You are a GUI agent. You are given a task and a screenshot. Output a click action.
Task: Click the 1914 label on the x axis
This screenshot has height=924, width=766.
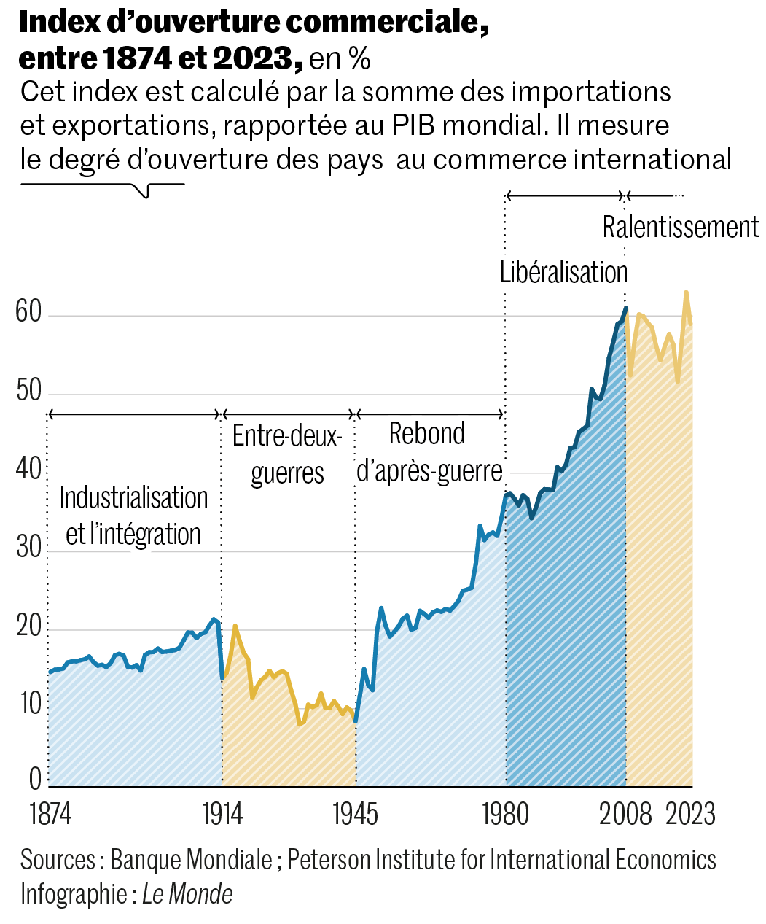(x=222, y=814)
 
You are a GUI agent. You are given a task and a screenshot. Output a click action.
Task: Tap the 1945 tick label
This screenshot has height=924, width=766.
(x=356, y=814)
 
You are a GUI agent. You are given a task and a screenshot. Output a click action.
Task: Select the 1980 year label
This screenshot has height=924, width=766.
(x=506, y=814)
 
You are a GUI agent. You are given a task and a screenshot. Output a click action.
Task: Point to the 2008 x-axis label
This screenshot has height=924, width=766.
(x=625, y=814)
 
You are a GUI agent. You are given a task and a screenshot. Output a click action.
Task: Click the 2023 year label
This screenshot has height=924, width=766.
(x=691, y=814)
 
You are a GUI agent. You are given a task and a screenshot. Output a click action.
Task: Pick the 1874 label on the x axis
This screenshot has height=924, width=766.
(x=50, y=814)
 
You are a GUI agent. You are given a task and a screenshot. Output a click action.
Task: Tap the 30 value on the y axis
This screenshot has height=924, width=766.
(x=29, y=548)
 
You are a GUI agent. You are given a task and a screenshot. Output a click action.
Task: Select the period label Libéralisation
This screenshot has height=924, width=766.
(x=563, y=272)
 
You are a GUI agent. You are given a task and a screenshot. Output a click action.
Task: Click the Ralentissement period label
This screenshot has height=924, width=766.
(x=680, y=228)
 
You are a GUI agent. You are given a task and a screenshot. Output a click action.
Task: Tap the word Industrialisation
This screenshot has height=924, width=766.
(x=134, y=498)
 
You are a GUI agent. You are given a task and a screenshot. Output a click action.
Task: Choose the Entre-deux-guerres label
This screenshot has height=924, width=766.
(x=287, y=454)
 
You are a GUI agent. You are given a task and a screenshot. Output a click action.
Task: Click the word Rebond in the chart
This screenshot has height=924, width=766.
(x=427, y=434)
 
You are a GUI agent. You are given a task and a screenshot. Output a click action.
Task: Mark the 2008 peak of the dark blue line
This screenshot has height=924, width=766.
(x=625, y=308)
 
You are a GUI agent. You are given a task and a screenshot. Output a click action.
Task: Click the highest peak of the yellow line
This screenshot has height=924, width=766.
(x=686, y=292)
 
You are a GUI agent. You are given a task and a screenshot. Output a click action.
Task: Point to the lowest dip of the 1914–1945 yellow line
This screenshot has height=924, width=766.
(x=300, y=723)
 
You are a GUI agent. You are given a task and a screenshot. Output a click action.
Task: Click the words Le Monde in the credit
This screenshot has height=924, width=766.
(x=187, y=894)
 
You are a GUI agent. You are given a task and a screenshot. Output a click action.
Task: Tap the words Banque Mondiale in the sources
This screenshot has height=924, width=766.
(x=191, y=861)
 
